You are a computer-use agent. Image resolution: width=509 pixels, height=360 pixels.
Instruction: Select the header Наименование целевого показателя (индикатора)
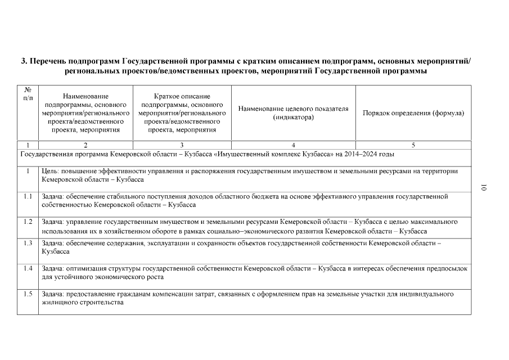pyautogui.click(x=293, y=112)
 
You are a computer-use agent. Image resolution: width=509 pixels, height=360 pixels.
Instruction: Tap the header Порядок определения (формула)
pyautogui.click(x=413, y=112)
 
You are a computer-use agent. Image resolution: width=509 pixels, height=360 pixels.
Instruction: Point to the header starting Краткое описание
pyautogui.click(x=182, y=112)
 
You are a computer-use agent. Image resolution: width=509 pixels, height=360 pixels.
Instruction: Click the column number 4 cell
pyautogui.click(x=293, y=145)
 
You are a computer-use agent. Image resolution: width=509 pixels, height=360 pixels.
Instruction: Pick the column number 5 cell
pyautogui.click(x=413, y=145)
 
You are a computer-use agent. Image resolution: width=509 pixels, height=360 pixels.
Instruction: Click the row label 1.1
pyautogui.click(x=28, y=196)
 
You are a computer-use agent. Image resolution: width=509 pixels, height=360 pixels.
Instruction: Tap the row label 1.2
pyautogui.click(x=28, y=222)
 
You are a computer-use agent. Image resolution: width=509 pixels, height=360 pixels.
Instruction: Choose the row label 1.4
pyautogui.click(x=28, y=268)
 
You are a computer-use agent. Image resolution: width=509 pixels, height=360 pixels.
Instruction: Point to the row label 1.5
pyautogui.click(x=28, y=294)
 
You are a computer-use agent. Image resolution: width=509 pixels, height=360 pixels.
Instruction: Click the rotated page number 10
pyautogui.click(x=483, y=188)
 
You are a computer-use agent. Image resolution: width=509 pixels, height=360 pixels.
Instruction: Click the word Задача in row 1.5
pyautogui.click(x=53, y=294)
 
